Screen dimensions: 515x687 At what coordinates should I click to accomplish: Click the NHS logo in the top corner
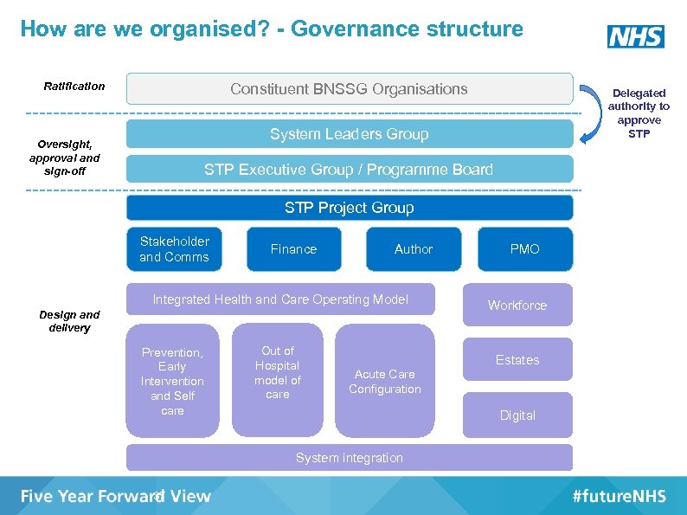[636, 36]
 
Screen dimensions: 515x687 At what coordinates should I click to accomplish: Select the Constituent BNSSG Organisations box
[350, 89]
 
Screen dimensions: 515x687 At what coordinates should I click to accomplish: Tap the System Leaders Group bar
[350, 134]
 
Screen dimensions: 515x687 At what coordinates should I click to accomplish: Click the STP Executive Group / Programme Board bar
[350, 170]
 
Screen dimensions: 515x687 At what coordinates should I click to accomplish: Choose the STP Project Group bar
[350, 208]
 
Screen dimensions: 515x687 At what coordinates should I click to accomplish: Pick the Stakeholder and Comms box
[174, 249]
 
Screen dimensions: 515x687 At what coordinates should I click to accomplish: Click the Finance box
[293, 249]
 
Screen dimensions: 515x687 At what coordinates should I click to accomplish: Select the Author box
[414, 249]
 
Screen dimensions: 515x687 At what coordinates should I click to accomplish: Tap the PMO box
[524, 249]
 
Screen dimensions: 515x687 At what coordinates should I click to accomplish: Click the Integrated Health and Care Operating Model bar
[280, 299]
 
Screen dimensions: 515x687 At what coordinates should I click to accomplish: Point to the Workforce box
[517, 306]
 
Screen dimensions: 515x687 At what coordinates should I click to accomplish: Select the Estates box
[517, 360]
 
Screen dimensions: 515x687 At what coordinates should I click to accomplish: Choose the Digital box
[517, 415]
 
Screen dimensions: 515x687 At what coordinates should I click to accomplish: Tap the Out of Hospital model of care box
[278, 379]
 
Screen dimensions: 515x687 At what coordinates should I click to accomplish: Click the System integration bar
[350, 458]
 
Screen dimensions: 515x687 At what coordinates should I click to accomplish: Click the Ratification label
[74, 86]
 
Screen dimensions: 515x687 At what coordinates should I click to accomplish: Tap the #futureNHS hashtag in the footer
[619, 496]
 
